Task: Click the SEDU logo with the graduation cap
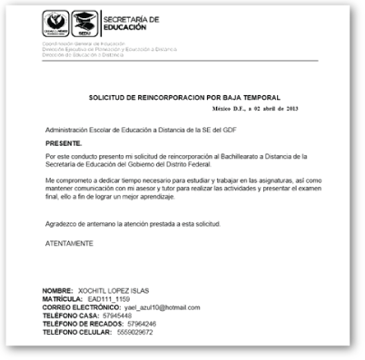84,21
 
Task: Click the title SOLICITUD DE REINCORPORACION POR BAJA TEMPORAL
184,96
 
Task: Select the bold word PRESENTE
64,143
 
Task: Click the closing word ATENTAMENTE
69,244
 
